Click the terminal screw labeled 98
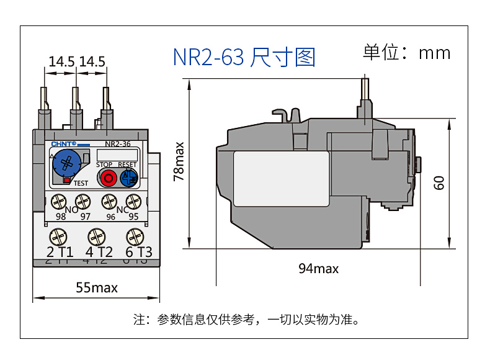point(60,202)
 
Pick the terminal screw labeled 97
point(82,202)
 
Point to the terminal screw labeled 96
point(110,202)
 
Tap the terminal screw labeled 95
point(132,202)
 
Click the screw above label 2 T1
point(60,236)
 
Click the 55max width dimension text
point(96,287)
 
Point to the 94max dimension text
point(318,268)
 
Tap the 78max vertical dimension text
point(179,161)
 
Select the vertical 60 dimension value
point(439,183)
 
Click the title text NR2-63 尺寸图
point(244,57)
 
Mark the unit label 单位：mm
point(406,52)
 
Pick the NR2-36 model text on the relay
point(117,144)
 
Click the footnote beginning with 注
point(246,320)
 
